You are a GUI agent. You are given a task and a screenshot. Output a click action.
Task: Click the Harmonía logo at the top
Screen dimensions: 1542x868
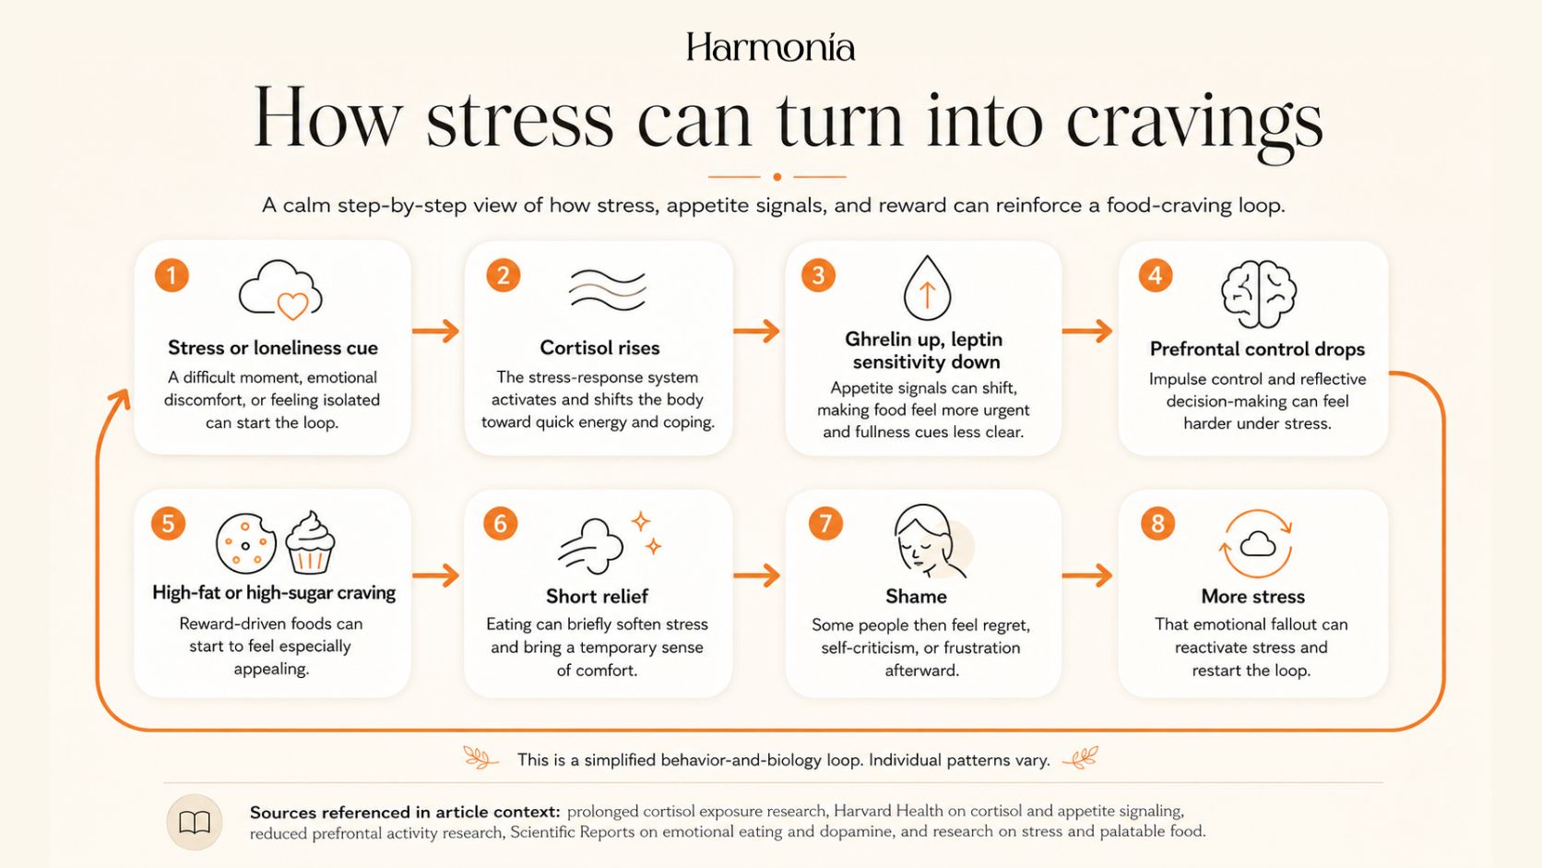click(x=770, y=47)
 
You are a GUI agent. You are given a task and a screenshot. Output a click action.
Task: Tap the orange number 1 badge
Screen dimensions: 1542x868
click(x=172, y=275)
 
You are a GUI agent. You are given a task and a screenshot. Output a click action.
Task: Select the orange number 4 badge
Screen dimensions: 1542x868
click(x=1156, y=275)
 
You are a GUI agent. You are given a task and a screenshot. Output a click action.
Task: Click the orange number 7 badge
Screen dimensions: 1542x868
click(x=825, y=524)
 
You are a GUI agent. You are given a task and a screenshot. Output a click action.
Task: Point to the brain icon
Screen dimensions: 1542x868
click(x=1258, y=294)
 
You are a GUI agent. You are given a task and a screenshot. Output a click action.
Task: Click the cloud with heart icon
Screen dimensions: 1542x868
click(x=281, y=290)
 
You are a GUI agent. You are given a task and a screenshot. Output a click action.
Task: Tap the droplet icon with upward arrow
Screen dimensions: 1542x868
click(x=927, y=288)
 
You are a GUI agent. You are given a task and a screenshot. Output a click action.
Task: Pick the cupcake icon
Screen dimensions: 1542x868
click(x=310, y=542)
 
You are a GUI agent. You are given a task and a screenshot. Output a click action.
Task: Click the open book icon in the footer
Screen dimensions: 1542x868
click(x=194, y=822)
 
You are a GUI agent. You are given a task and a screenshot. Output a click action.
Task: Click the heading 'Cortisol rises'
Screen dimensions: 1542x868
click(x=599, y=348)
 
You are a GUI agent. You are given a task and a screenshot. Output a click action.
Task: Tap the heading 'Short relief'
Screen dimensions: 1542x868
click(x=597, y=596)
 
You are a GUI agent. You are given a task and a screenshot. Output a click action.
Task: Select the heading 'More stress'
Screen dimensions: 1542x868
click(x=1252, y=596)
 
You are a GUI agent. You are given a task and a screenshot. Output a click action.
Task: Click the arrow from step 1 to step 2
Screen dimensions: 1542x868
click(x=435, y=331)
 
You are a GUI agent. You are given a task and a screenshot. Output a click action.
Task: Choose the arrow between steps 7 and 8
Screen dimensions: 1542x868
click(x=1087, y=575)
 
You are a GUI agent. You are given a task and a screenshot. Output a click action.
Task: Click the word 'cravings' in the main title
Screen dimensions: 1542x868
click(x=1194, y=122)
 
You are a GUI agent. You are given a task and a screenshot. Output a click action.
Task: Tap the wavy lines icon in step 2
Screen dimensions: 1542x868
click(x=607, y=290)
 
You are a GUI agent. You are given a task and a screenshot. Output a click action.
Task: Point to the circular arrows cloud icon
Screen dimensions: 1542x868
click(x=1257, y=544)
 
